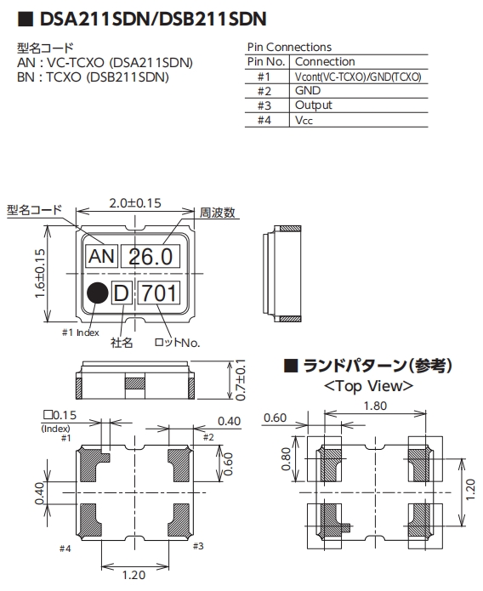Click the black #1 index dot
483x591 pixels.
coord(98,293)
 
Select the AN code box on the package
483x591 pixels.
coord(101,256)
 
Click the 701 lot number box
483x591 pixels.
coord(159,294)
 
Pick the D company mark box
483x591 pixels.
coord(122,294)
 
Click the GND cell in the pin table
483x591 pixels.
coord(307,90)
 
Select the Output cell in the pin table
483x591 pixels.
coord(314,105)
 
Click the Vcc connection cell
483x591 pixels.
coord(304,120)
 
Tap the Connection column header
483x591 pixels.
coord(325,62)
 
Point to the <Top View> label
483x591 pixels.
coord(369,385)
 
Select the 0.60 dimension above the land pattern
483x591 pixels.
coord(276,418)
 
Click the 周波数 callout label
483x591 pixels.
coord(217,211)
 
